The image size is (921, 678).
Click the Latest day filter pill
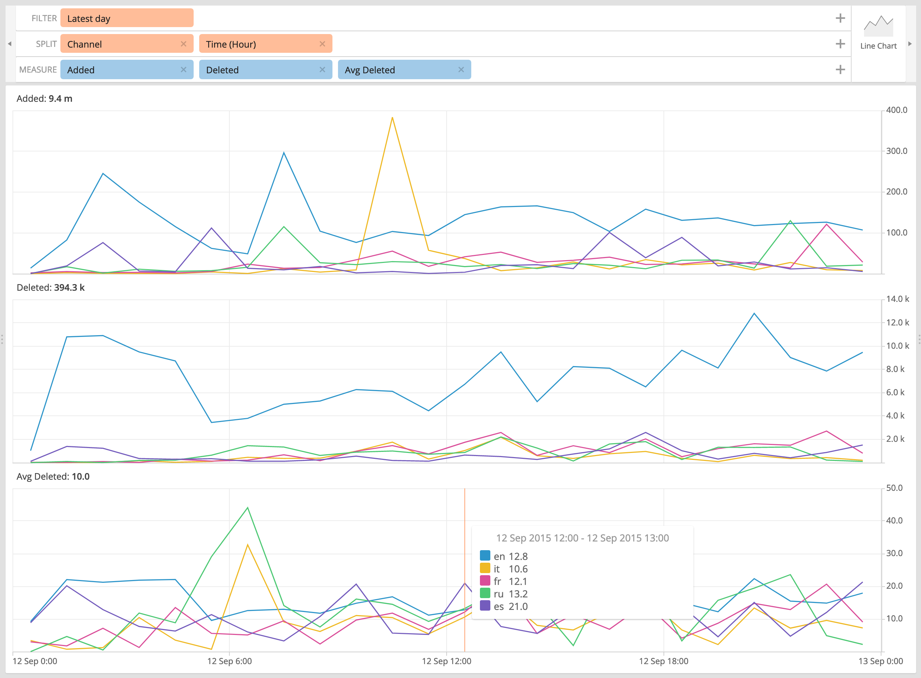[127, 18]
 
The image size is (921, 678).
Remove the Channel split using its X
[183, 44]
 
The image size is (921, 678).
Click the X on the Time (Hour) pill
[322, 44]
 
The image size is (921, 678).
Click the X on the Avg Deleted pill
[461, 70]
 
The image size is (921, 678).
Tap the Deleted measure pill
[258, 70]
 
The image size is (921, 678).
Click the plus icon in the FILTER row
[840, 18]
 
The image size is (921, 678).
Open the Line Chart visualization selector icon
[878, 27]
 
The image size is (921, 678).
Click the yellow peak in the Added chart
[392, 118]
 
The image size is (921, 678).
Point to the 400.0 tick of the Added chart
[896, 110]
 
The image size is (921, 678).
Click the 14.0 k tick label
[897, 299]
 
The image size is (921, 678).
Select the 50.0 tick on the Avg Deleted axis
[894, 488]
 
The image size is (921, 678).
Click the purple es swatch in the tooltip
[485, 606]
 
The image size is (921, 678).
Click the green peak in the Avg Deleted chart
[248, 508]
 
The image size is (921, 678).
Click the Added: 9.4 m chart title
[44, 99]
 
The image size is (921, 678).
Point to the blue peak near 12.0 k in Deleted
[754, 314]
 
